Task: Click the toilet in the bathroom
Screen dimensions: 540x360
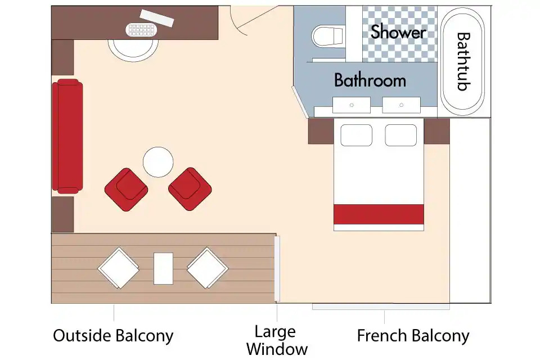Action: click(327, 37)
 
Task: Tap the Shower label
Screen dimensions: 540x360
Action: click(398, 31)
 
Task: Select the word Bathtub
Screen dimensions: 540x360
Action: click(463, 61)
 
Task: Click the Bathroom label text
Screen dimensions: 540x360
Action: click(370, 80)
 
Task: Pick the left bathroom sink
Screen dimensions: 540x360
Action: click(351, 105)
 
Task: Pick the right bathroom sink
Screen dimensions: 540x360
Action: click(401, 105)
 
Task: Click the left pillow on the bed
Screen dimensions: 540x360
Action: click(356, 136)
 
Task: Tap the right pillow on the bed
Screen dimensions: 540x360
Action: click(401, 136)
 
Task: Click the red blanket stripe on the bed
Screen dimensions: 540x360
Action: click(379, 214)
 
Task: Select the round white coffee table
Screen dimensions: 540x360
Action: click(158, 162)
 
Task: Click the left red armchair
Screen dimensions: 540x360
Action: click(127, 190)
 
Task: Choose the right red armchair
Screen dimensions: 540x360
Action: click(190, 189)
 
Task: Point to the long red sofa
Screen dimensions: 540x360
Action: click(67, 136)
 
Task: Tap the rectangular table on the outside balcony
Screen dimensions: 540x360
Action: click(163, 269)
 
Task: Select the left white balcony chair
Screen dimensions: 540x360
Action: click(119, 268)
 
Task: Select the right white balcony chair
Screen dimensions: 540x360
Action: click(208, 268)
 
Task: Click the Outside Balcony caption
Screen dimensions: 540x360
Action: click(113, 336)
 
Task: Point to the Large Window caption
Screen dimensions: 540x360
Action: click(277, 340)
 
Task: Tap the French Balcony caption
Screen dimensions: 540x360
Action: click(413, 336)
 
